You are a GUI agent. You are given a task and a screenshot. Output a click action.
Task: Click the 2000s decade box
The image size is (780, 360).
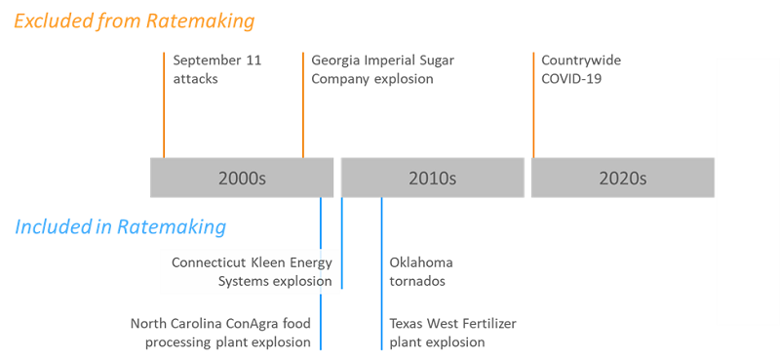[x=242, y=178]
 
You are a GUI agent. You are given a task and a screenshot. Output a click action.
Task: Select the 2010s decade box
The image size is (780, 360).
[x=432, y=178]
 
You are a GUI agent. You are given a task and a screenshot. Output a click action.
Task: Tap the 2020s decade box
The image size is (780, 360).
[x=623, y=178]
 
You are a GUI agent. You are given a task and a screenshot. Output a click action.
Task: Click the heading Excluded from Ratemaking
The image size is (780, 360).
[x=135, y=21]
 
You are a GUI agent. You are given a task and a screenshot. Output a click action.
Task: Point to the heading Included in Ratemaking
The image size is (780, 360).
[x=121, y=227]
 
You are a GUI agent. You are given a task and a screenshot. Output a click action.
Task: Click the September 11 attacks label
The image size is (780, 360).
[x=217, y=69]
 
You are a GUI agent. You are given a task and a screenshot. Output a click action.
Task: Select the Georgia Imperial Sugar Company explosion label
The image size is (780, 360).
[x=382, y=69]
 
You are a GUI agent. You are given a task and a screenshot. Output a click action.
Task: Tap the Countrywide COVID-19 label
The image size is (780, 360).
[x=581, y=69]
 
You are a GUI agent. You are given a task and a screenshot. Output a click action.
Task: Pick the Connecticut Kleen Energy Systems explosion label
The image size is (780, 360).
[x=252, y=272]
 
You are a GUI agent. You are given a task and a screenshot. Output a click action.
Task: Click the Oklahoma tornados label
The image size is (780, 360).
[x=421, y=272]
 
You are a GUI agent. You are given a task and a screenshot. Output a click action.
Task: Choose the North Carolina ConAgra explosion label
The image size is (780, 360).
[x=221, y=333]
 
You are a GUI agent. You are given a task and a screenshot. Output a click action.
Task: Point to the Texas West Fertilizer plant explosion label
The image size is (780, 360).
[x=452, y=333]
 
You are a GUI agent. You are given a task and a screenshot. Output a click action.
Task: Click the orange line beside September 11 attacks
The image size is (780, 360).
[x=164, y=105]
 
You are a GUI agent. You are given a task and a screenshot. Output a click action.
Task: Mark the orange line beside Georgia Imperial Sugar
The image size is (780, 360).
[x=303, y=105]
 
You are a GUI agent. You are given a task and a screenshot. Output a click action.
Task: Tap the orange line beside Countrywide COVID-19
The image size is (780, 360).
[x=533, y=105]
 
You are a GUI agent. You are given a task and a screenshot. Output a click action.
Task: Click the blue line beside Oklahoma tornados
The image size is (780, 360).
[x=381, y=273]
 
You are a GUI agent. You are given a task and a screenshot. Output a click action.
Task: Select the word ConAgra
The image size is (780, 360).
[x=253, y=324]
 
